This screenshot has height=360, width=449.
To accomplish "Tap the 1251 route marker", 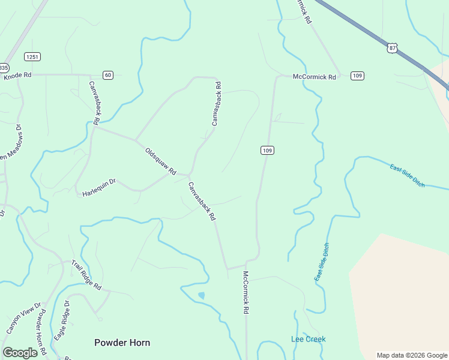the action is [x=32, y=56].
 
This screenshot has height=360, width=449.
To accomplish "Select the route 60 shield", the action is [x=107, y=75].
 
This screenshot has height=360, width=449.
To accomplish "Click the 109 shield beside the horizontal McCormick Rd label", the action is [x=357, y=76].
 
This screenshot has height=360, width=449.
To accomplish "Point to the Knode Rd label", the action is [x=17, y=75].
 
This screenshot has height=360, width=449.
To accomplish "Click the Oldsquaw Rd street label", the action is [x=160, y=161].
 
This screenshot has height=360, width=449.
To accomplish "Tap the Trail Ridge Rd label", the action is [x=86, y=275].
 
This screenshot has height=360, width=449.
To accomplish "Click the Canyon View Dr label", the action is [x=22, y=317].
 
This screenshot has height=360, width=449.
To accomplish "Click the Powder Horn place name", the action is [x=122, y=343].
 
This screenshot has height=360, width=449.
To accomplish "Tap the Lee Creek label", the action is [x=308, y=339].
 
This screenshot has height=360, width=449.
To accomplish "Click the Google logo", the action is [x=20, y=353].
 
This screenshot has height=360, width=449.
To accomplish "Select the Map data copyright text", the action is [x=412, y=355].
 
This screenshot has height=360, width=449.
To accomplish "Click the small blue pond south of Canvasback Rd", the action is [x=201, y=295].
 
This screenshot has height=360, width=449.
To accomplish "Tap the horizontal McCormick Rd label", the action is [x=314, y=77].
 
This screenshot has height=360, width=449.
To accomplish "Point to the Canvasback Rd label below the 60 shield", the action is [x=94, y=98].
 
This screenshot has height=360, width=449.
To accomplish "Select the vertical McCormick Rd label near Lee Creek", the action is [x=246, y=293].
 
